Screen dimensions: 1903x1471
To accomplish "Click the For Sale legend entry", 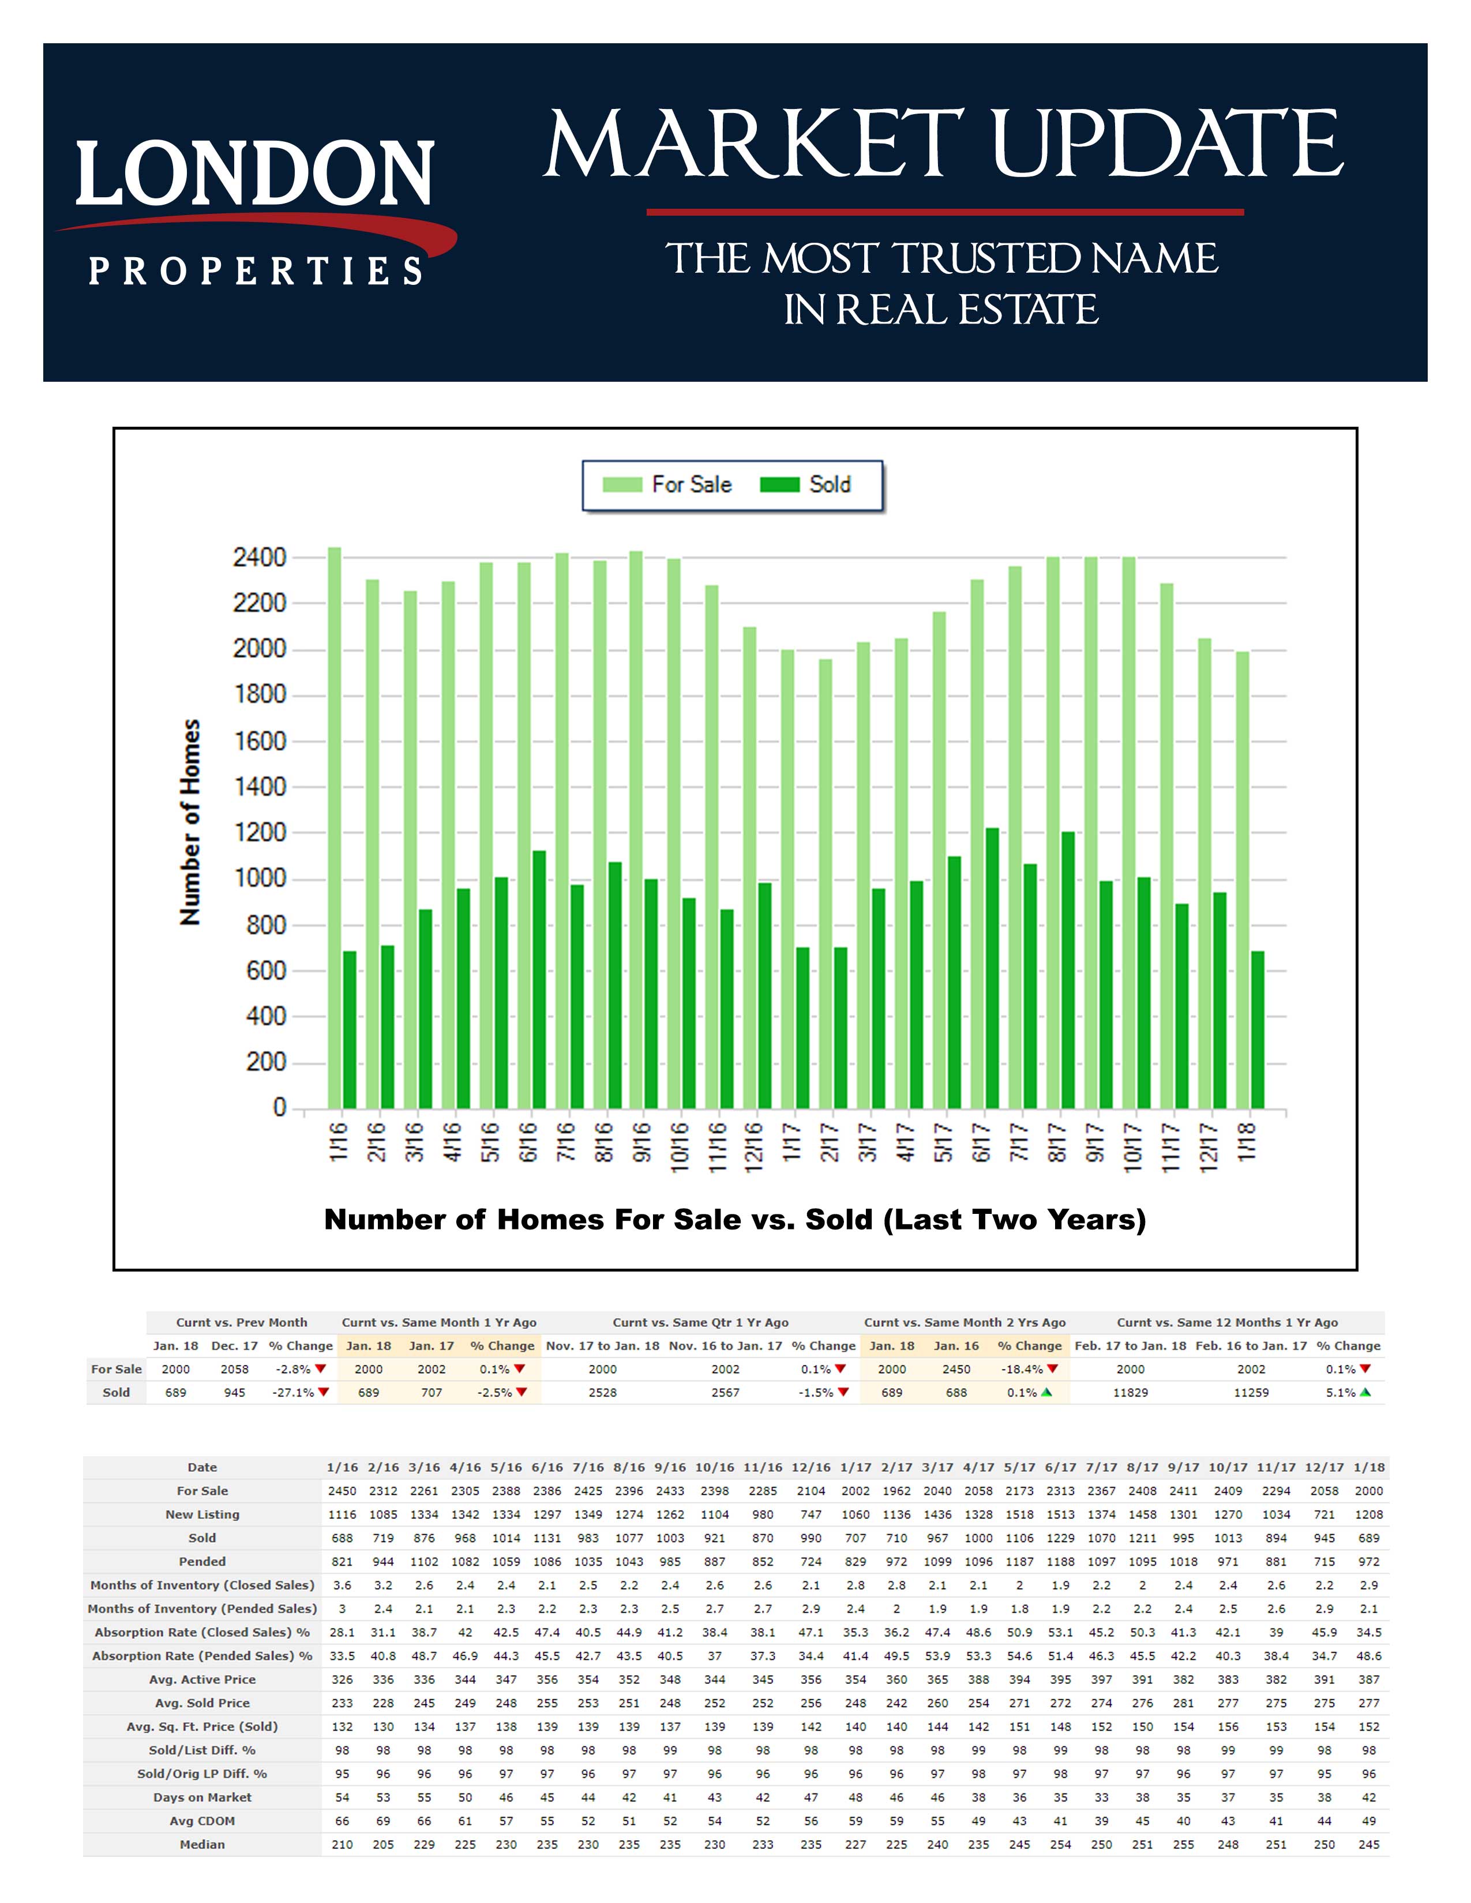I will [x=667, y=484].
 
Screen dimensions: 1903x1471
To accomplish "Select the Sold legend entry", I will [x=805, y=484].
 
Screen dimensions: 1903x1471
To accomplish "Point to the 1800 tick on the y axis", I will [x=260, y=694].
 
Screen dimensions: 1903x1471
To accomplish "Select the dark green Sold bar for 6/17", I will [x=992, y=967].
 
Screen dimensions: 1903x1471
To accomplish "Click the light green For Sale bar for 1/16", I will [x=335, y=828].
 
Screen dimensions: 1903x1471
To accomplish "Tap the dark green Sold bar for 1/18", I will [x=1258, y=1029].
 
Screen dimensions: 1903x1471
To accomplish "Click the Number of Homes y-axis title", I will [x=190, y=822].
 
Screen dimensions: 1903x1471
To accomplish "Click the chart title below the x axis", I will [x=734, y=1219].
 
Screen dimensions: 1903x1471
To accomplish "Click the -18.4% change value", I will [x=1022, y=1369].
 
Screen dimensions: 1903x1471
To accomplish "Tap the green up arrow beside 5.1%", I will [x=1365, y=1393].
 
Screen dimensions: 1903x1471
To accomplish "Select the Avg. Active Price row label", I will [x=202, y=1679].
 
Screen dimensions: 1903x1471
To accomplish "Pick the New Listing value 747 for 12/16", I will [x=810, y=1514].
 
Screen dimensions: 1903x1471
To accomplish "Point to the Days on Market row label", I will [x=202, y=1797].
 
